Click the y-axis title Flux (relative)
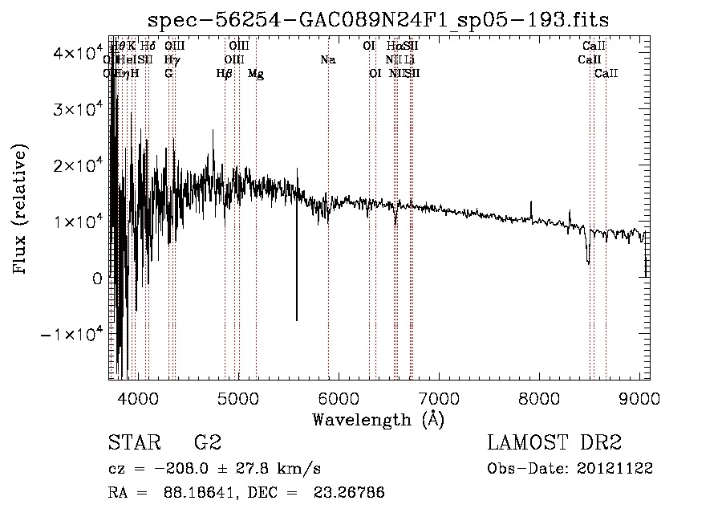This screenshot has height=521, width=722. (x=22, y=209)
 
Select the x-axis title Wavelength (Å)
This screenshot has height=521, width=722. (x=378, y=419)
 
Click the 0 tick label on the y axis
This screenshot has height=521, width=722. (x=96, y=278)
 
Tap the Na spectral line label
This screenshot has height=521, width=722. (x=327, y=60)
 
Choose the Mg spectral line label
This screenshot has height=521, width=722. (x=256, y=74)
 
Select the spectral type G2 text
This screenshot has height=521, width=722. (x=207, y=442)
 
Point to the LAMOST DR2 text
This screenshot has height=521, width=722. (x=554, y=442)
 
